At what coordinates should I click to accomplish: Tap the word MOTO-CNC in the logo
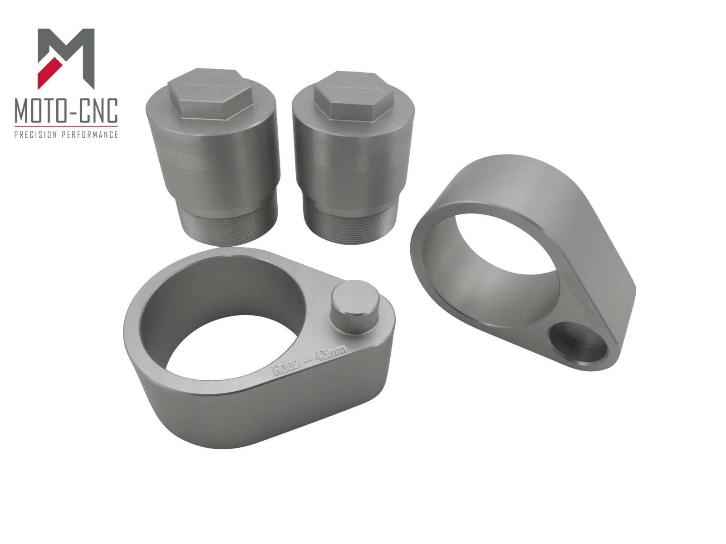pos(66,110)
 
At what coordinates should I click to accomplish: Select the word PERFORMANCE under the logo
pos(93,135)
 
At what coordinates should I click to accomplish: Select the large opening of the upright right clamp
pos(508,254)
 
